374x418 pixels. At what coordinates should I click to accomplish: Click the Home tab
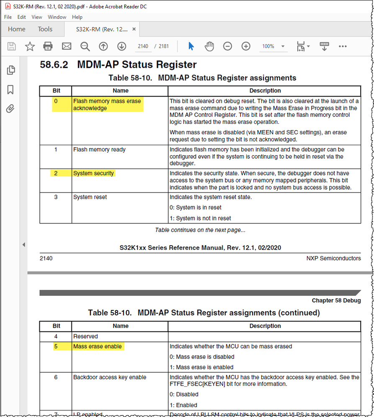pos(17,29)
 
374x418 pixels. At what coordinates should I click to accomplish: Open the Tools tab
pos(45,29)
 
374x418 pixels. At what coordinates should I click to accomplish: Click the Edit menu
pos(21,17)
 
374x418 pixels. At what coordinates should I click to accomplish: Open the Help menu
pos(77,17)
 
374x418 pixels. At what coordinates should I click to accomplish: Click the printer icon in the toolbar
pos(48,46)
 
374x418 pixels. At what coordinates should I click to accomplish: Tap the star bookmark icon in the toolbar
pos(30,46)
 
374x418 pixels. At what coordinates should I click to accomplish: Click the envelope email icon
pos(67,46)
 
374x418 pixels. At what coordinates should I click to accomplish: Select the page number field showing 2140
pos(143,46)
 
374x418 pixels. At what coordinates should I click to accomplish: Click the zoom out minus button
pos(228,46)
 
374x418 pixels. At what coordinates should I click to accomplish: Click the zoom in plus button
pos(246,46)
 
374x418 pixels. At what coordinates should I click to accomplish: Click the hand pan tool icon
pos(209,46)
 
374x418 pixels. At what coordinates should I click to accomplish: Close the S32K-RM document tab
pos(134,29)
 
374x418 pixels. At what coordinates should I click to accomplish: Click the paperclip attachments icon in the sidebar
pos(10,109)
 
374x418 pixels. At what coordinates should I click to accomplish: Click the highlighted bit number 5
pos(56,346)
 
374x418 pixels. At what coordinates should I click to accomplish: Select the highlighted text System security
pos(93,173)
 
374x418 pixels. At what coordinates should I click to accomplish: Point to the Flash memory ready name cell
pos(99,149)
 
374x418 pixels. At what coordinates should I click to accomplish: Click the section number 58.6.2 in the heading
pos(54,65)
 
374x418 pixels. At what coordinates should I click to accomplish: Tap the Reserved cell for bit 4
pos(85,336)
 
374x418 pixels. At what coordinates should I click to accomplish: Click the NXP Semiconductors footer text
pos(333,258)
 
